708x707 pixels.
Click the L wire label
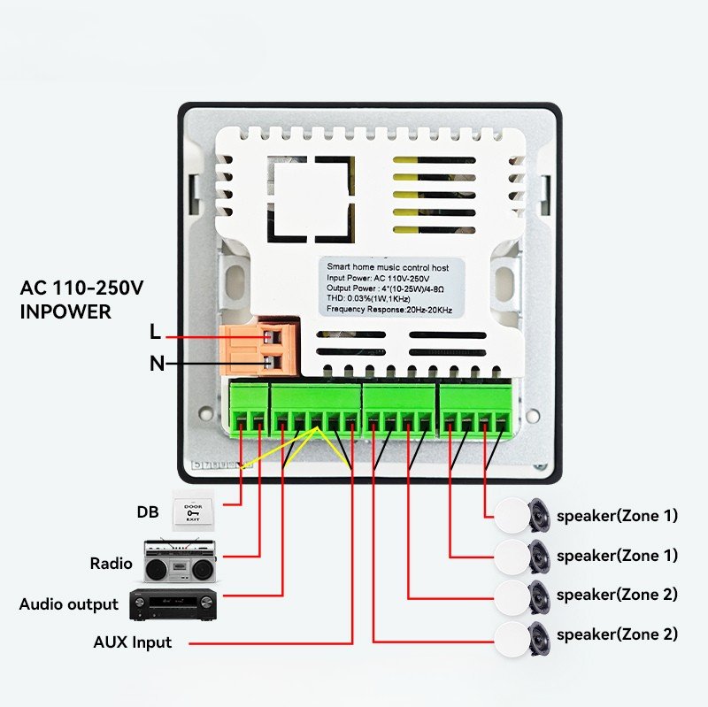click(156, 334)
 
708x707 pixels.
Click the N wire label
click(157, 363)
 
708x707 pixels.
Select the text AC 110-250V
click(81, 288)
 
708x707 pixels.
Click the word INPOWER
click(65, 311)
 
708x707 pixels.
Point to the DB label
click(147, 511)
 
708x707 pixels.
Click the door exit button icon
click(193, 511)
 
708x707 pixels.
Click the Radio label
click(111, 564)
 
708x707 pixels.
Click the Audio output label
click(69, 605)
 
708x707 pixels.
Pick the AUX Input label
click(133, 642)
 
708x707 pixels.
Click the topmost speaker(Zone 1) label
click(617, 516)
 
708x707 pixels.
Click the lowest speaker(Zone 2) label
click(617, 634)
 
